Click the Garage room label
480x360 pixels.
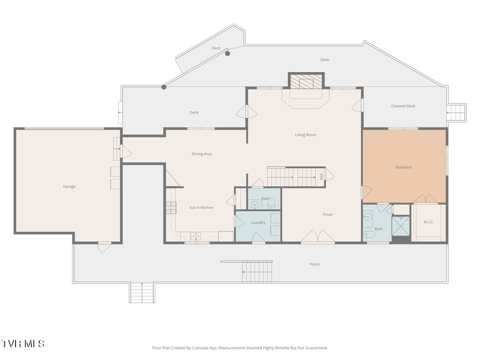click(x=69, y=186)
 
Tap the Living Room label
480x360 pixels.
click(x=306, y=135)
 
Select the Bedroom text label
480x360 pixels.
click(x=404, y=167)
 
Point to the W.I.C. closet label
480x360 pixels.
click(x=428, y=222)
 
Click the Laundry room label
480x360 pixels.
click(x=258, y=222)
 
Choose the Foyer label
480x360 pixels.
click(x=328, y=215)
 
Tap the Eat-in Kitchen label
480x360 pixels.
click(x=202, y=208)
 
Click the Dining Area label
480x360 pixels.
click(x=202, y=154)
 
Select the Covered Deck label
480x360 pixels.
click(x=403, y=106)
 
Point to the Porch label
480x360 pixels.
click(x=314, y=264)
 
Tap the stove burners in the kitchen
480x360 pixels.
click(x=171, y=208)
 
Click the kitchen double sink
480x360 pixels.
click(x=196, y=236)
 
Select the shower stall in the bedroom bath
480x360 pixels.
click(x=401, y=226)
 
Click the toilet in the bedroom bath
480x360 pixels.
click(x=369, y=234)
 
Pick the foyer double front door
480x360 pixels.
click(x=318, y=236)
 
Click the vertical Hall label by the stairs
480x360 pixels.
click(x=322, y=176)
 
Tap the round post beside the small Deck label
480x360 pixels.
click(x=228, y=53)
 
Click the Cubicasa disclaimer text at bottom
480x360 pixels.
click(x=240, y=348)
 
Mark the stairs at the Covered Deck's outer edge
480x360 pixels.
click(x=456, y=113)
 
